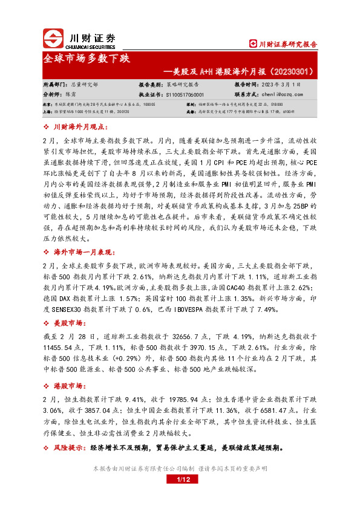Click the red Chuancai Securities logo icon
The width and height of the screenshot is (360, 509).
53,39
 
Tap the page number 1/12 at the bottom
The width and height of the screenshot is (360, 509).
183,479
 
